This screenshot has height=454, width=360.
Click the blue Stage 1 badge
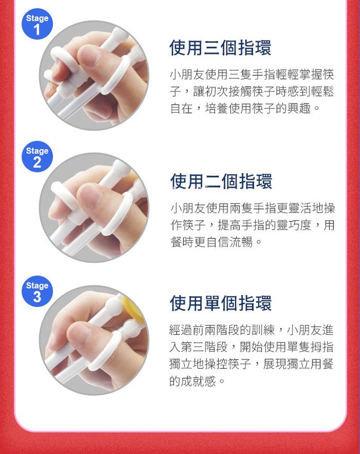point(37,24)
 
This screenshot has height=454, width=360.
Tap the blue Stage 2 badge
point(37,157)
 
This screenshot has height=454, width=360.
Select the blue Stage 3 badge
point(37,291)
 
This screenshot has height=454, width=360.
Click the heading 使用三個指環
point(220,48)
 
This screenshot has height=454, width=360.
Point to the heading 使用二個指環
point(221,181)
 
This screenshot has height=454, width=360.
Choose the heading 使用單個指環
point(221,303)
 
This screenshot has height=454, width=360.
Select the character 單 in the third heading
point(213,303)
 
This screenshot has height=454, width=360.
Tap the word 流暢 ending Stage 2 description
point(241,242)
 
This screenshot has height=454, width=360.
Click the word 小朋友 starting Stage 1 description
point(187,75)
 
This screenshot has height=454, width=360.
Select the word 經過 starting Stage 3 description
point(181,330)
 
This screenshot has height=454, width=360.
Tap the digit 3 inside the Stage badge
point(37,297)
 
